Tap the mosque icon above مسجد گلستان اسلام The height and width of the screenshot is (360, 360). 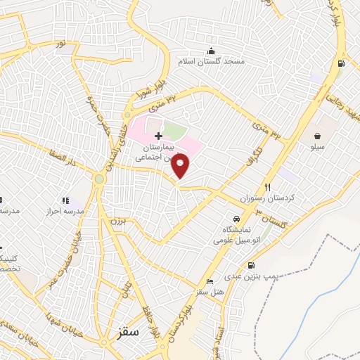(210, 50)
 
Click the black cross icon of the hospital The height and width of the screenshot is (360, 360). (158, 135)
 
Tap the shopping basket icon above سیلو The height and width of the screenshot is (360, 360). (319, 136)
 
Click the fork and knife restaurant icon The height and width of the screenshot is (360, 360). (267, 187)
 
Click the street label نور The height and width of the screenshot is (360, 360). (62, 44)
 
